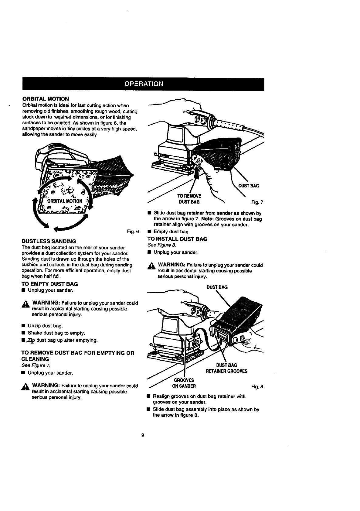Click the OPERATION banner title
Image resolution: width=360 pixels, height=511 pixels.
[x=144, y=84]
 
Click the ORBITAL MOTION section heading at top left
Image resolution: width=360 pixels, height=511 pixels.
[x=46, y=99]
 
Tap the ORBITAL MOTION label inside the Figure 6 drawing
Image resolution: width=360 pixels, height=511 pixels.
[x=65, y=201]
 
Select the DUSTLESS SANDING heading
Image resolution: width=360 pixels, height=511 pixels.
[x=49, y=242]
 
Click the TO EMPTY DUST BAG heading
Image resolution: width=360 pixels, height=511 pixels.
[x=49, y=284]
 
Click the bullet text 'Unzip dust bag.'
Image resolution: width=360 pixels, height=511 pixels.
[x=45, y=326]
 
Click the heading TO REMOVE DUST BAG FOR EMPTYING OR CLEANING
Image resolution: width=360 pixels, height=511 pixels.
[x=77, y=356]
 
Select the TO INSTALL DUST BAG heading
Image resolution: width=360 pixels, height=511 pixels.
[x=177, y=239]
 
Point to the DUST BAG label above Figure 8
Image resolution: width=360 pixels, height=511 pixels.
[x=217, y=287]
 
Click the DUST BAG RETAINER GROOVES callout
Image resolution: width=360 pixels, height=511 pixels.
[x=227, y=368]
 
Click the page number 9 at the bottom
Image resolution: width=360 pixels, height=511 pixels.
[x=143, y=435]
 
